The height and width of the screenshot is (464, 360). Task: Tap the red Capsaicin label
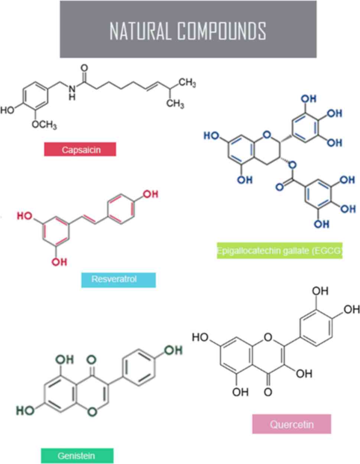[x=80, y=149]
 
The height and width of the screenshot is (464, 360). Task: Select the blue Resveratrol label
[x=118, y=280]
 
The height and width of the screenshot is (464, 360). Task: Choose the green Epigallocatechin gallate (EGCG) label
[x=279, y=251]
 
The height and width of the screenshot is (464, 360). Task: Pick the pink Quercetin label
[x=292, y=424]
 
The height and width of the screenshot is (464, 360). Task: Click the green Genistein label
[x=77, y=455]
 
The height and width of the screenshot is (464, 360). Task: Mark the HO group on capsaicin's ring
[x=7, y=110]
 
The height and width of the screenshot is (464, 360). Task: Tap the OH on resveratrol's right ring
[x=150, y=194]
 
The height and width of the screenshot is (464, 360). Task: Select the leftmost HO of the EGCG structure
[x=211, y=136]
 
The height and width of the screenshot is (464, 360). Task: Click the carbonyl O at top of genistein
[x=91, y=359]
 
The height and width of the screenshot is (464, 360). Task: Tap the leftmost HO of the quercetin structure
[x=200, y=337]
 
